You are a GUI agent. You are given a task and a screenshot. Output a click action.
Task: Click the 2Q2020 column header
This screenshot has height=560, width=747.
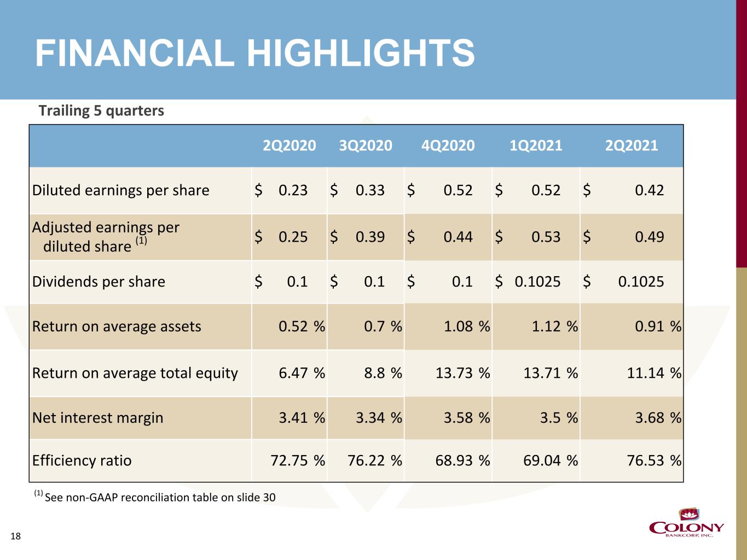pyautogui.click(x=289, y=145)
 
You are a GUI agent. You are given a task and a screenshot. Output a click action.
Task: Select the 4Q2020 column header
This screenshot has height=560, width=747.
pyautogui.click(x=448, y=145)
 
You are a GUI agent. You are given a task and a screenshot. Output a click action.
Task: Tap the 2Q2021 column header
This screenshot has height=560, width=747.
pyautogui.click(x=632, y=145)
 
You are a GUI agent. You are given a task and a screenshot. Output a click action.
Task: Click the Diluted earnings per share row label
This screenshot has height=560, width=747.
pyautogui.click(x=121, y=190)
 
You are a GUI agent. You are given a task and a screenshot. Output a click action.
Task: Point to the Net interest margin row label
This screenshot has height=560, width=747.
pyautogui.click(x=98, y=418)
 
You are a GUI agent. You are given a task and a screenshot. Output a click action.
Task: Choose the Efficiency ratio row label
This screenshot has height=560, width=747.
pyautogui.click(x=82, y=460)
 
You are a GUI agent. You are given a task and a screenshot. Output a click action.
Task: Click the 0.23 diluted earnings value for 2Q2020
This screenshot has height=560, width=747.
pyautogui.click(x=293, y=190)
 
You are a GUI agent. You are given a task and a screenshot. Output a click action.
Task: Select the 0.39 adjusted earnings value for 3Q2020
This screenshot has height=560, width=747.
pyautogui.click(x=370, y=237)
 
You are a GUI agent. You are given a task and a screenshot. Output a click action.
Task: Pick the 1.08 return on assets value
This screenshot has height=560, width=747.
pyautogui.click(x=459, y=326)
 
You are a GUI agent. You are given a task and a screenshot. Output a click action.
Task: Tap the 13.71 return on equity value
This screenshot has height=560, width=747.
pyautogui.click(x=542, y=373)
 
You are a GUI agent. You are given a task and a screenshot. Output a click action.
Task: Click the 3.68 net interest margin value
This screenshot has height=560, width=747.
pyautogui.click(x=649, y=418)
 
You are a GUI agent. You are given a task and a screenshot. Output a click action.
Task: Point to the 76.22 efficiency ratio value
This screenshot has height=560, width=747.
pyautogui.click(x=366, y=460)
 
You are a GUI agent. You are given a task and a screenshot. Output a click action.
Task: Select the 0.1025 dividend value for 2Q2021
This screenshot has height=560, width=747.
pyautogui.click(x=641, y=282)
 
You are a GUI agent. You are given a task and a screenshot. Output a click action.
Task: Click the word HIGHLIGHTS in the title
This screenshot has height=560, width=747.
pyautogui.click(x=360, y=54)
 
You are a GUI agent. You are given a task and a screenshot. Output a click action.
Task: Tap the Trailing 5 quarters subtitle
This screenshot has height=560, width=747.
pyautogui.click(x=101, y=111)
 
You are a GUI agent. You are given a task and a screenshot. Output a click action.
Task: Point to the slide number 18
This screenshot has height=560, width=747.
pyautogui.click(x=16, y=536)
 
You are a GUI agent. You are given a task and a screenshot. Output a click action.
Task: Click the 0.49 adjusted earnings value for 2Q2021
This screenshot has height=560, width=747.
pyautogui.click(x=649, y=237)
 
